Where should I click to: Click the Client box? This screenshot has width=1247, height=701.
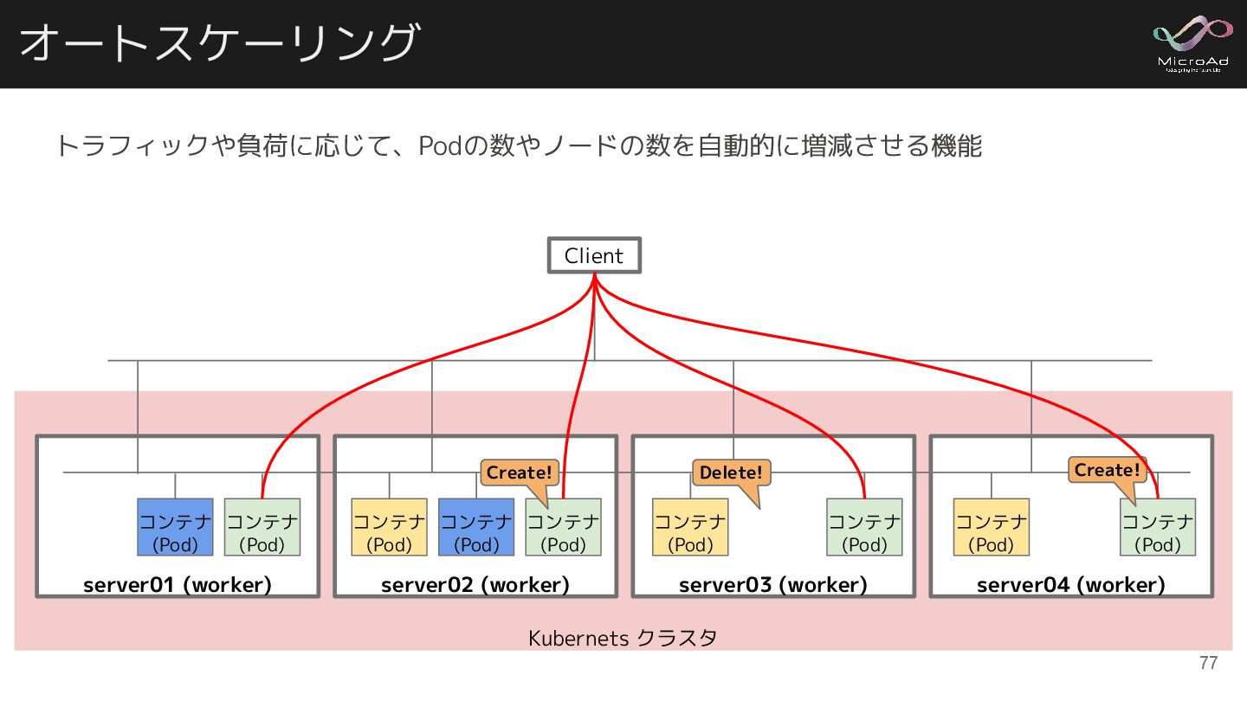click(594, 255)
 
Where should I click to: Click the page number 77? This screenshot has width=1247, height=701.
click(1208, 664)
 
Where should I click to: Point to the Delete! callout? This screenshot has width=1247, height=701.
click(731, 473)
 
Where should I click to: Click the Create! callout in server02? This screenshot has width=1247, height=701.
click(519, 473)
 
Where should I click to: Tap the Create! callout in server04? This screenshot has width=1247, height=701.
click(1107, 470)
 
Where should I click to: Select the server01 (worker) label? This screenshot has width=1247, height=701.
click(178, 585)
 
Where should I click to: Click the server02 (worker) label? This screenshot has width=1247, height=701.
click(475, 585)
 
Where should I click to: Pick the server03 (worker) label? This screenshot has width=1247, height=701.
click(773, 585)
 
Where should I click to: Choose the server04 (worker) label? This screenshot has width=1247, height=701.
click(1071, 585)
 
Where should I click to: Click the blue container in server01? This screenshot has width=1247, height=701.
click(175, 527)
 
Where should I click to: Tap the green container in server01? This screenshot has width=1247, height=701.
click(262, 527)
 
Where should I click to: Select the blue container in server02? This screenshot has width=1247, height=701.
click(476, 527)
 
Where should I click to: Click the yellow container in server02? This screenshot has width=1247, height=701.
click(389, 527)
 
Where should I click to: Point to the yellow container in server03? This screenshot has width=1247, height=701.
click(690, 527)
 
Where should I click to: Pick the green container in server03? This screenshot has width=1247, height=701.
click(864, 527)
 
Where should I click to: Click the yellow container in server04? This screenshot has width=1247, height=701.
click(991, 527)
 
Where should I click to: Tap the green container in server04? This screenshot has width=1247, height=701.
click(1158, 527)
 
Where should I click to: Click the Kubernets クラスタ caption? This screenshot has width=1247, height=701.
click(623, 639)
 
